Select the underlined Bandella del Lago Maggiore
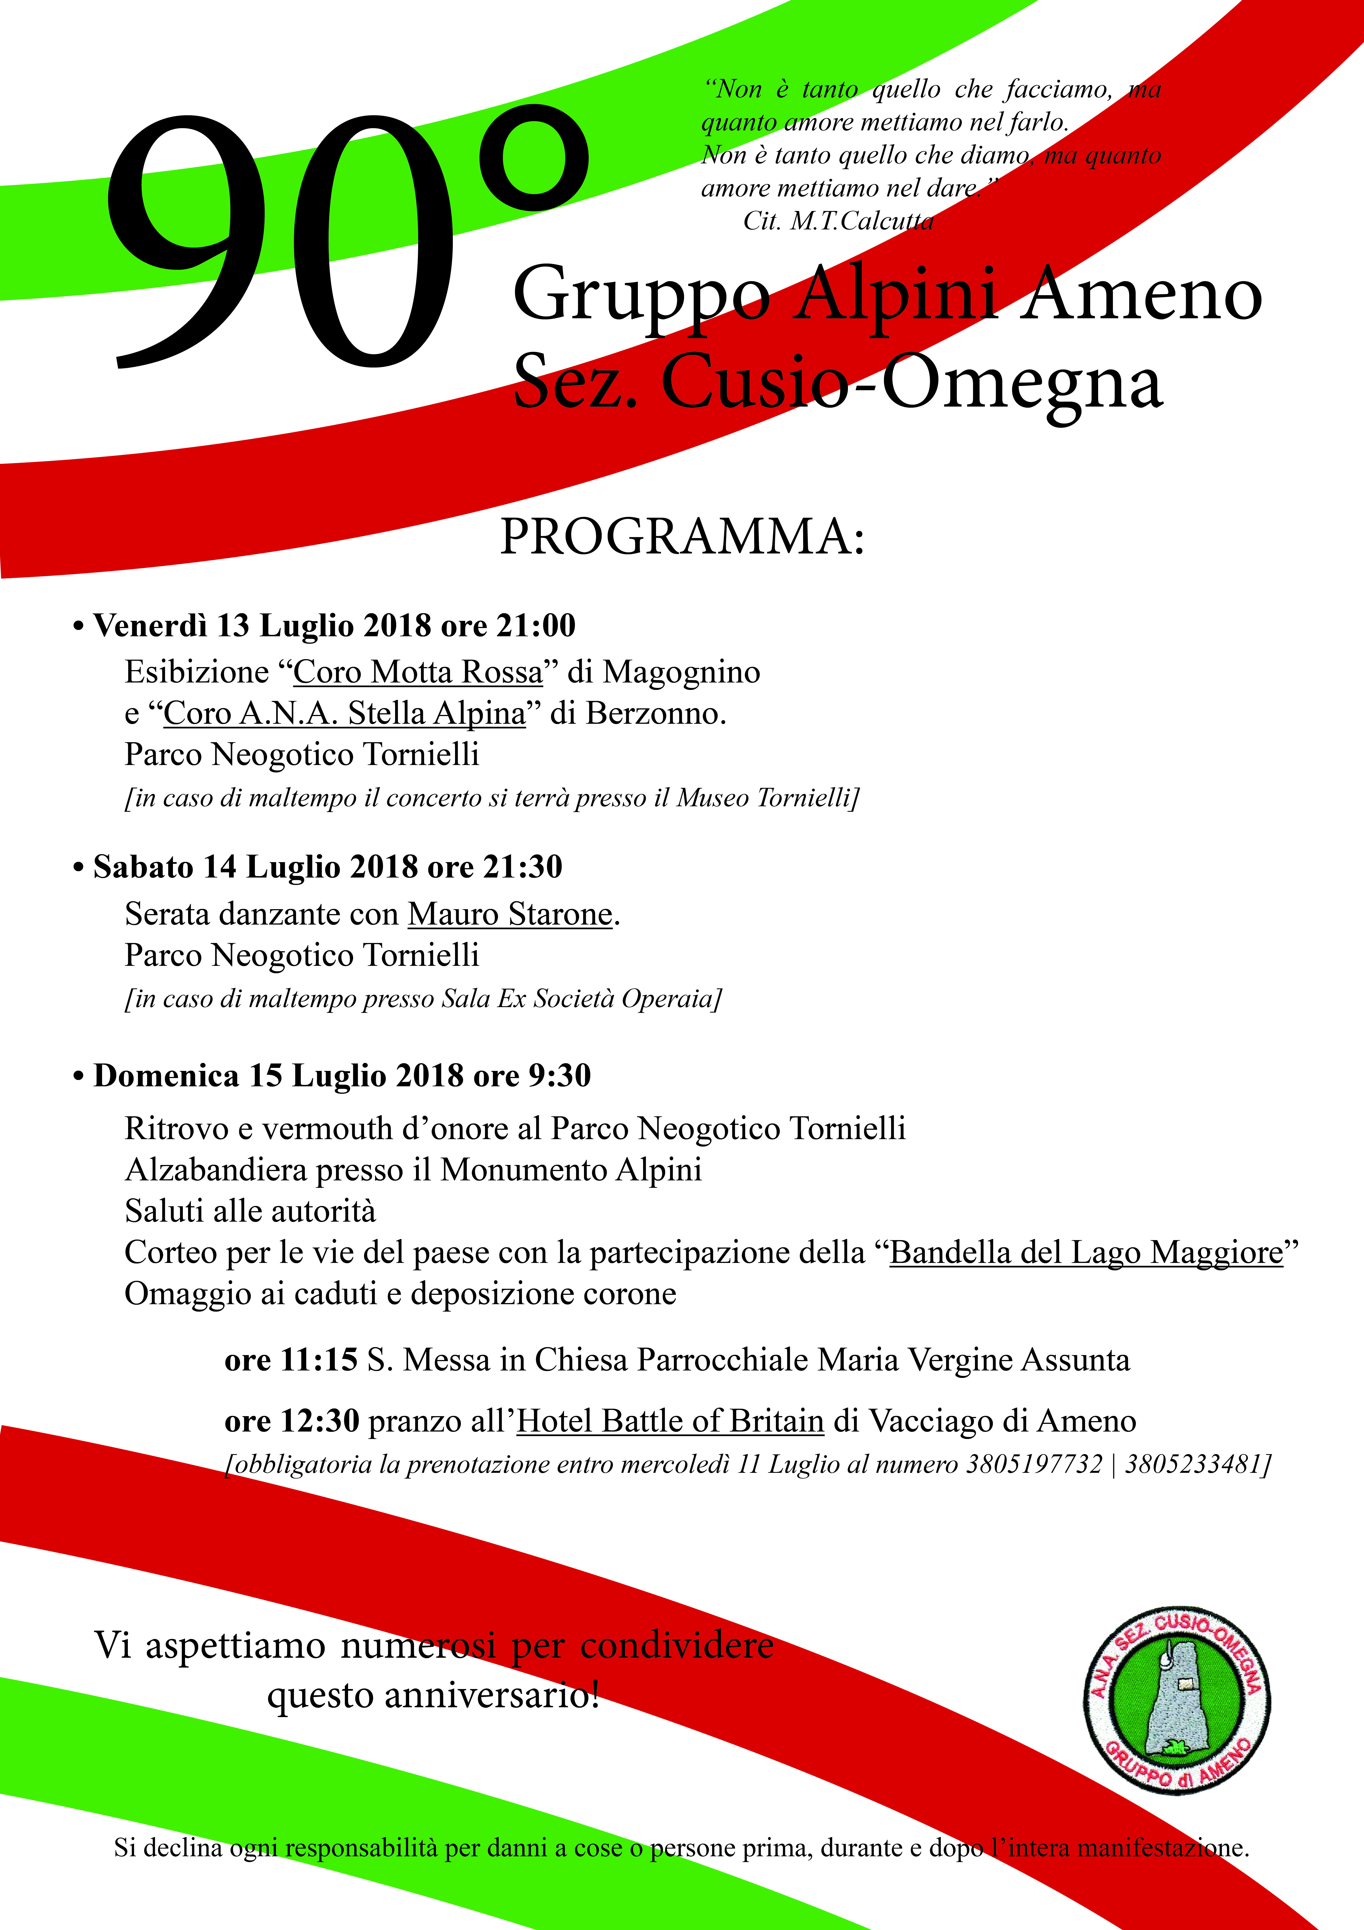click(x=1086, y=1252)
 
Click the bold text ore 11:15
click(x=291, y=1360)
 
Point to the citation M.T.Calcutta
click(x=861, y=221)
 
